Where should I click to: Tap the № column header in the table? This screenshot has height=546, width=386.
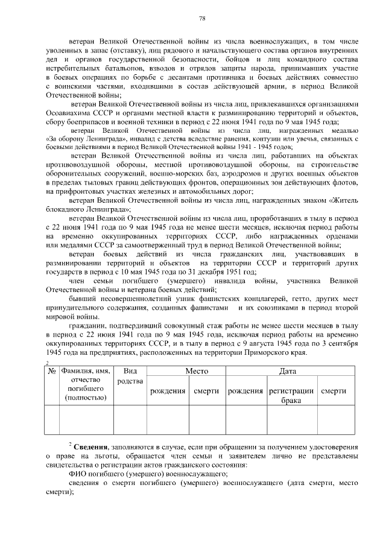(52, 373)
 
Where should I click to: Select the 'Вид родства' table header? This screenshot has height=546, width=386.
(130, 377)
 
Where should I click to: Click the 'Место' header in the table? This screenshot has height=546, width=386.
(197, 372)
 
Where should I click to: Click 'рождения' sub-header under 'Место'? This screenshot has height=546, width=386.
(167, 391)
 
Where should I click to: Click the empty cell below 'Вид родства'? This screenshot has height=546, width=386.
(130, 420)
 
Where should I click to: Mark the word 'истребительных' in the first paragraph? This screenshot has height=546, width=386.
(75, 68)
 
